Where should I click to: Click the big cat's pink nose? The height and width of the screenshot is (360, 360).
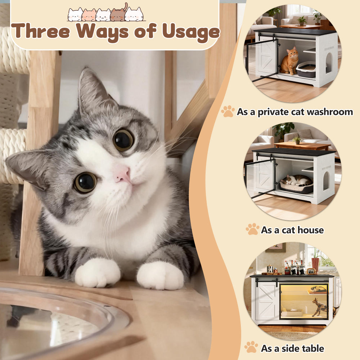[x=122, y=175]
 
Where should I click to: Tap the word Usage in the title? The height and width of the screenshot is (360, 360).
[x=191, y=32]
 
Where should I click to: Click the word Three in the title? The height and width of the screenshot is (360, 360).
[x=41, y=31]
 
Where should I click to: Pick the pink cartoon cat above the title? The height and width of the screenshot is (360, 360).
[x=89, y=15]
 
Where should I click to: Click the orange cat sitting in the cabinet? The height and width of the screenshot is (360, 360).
[x=289, y=61]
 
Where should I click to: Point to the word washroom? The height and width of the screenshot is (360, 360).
[x=330, y=112]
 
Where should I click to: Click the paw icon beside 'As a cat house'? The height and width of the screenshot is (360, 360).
[x=253, y=229]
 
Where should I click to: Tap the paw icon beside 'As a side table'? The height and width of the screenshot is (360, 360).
[x=251, y=347]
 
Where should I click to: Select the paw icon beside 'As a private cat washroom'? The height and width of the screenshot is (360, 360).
[x=228, y=111]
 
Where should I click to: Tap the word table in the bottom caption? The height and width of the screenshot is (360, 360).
[x=312, y=348]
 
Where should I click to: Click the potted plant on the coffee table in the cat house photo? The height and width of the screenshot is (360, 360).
[x=297, y=140]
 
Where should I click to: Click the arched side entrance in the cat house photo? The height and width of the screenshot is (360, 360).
[x=326, y=181]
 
